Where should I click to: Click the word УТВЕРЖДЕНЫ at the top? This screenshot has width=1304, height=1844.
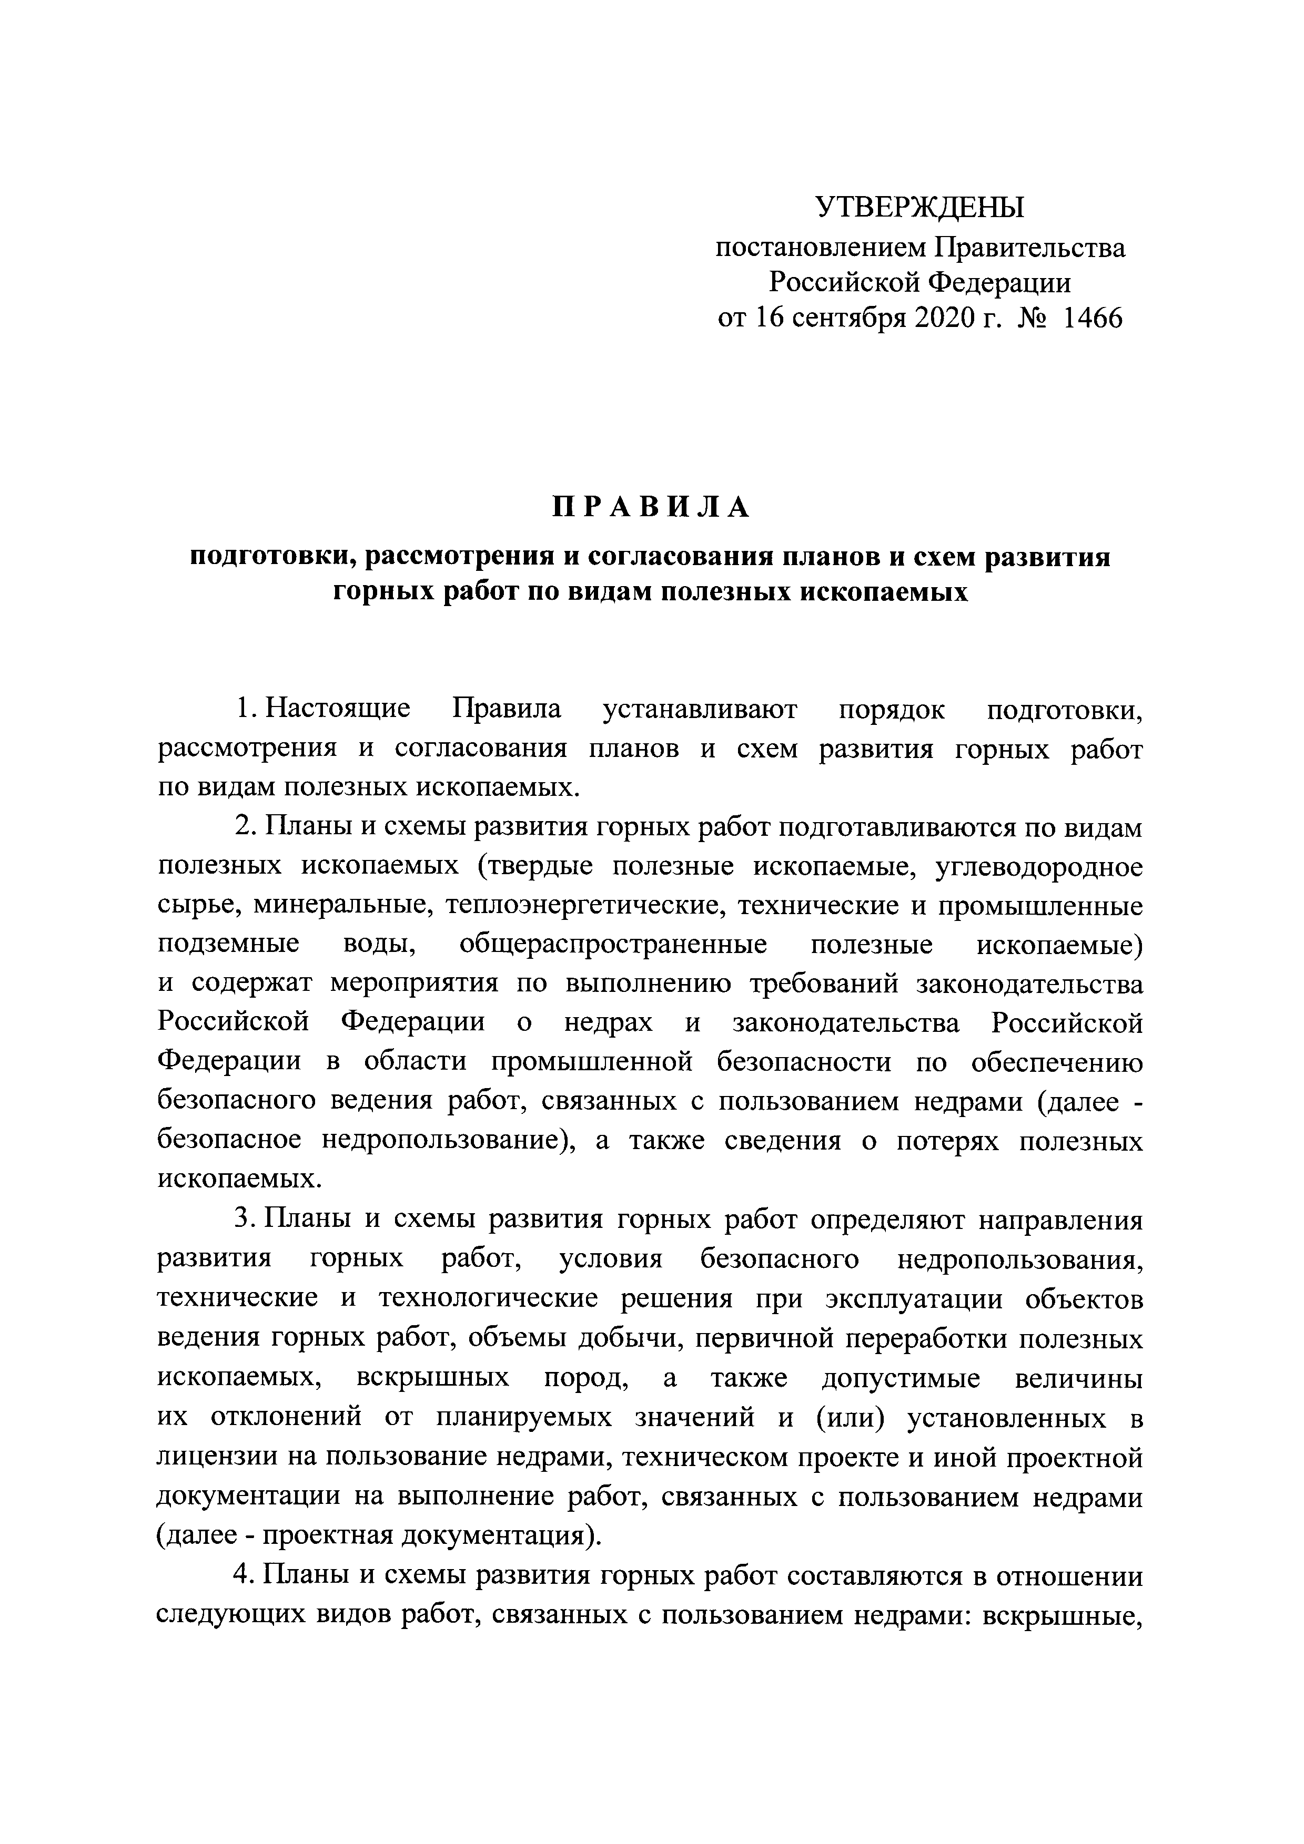[920, 208]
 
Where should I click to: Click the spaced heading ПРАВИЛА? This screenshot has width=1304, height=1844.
[651, 508]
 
